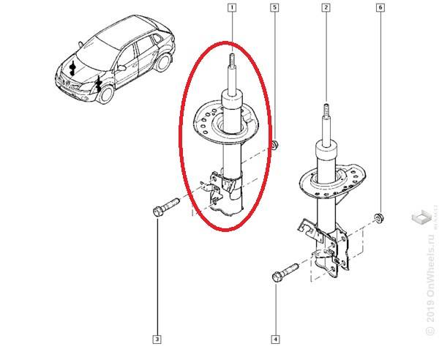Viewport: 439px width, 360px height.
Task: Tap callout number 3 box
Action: tap(157, 339)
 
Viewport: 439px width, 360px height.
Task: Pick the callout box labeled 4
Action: tap(275, 339)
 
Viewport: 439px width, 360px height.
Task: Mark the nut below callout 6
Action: tap(379, 217)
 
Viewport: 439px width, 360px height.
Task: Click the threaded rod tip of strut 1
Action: tap(231, 61)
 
